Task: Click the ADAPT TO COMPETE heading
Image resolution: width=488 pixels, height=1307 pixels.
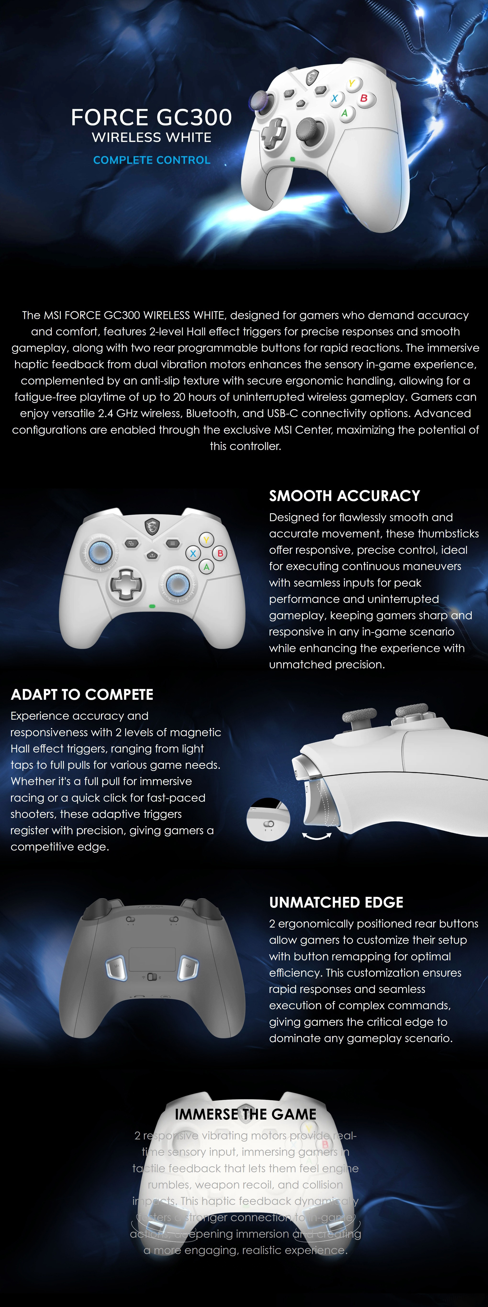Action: point(82,694)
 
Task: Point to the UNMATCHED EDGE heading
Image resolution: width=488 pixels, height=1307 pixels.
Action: point(336,902)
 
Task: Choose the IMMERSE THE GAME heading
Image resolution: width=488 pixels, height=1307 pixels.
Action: point(245,1114)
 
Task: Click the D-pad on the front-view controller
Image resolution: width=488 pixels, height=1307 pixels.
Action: point(125,585)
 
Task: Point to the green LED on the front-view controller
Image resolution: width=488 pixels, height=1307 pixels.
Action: point(152,606)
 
